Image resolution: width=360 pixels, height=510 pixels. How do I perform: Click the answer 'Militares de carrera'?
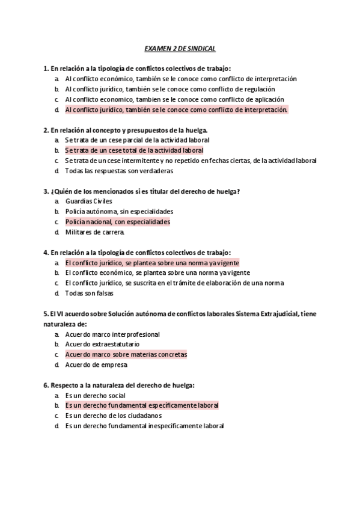coord(94,232)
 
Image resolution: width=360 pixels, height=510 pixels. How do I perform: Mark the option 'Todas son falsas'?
coord(89,293)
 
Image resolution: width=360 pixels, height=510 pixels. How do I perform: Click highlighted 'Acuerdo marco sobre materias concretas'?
coord(126,354)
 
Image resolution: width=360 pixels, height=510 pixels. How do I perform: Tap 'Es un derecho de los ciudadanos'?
coord(114,416)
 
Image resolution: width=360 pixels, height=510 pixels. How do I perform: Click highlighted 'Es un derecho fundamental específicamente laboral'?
coord(141,405)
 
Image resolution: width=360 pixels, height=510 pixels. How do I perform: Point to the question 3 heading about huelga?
coord(142,191)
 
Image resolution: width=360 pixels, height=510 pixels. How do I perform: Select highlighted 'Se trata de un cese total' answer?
coord(134,150)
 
